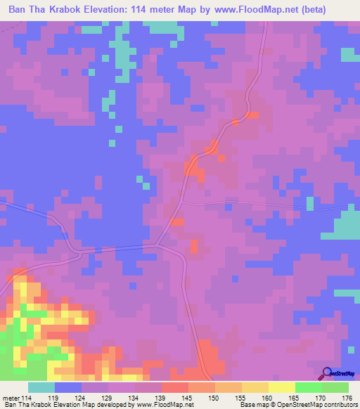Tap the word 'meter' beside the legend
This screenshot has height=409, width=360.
pyautogui.click(x=11, y=397)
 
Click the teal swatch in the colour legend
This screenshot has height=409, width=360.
pyautogui.click(x=41, y=387)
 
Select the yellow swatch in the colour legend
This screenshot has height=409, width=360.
pyautogui.click(x=281, y=387)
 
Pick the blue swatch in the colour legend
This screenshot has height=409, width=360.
pyautogui.click(x=68, y=387)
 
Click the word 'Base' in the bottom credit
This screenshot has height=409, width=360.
pyautogui.click(x=247, y=405)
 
